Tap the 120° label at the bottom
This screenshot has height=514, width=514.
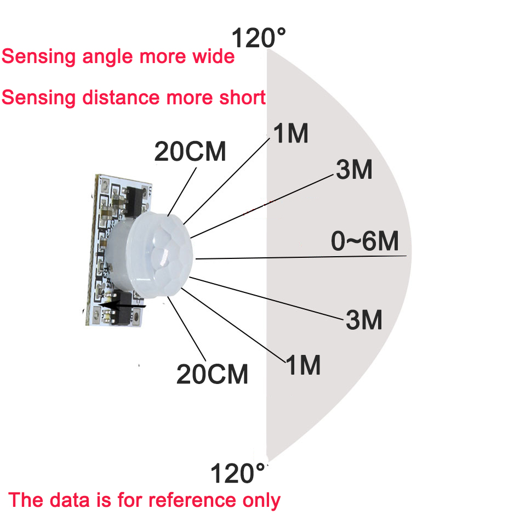(238, 473)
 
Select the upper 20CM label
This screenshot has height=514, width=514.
(190, 151)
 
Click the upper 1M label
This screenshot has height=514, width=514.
(291, 133)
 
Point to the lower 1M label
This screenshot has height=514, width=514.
(303, 365)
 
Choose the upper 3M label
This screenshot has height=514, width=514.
(354, 171)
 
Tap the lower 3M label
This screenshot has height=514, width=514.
(364, 320)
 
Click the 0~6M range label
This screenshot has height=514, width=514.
(365, 241)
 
